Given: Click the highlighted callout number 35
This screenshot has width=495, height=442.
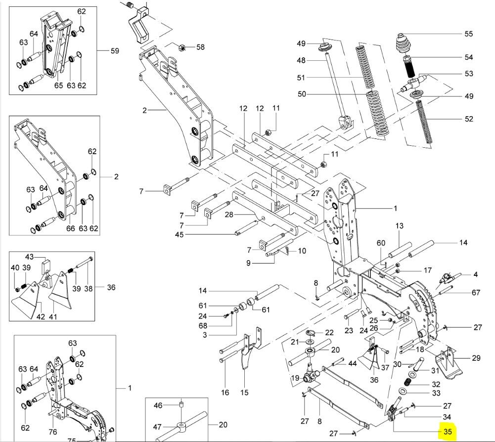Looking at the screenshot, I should pyautogui.click(x=448, y=432).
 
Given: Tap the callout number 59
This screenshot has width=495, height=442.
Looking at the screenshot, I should pyautogui.click(x=115, y=51).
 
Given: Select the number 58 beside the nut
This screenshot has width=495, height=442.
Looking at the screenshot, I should pyautogui.click(x=200, y=47).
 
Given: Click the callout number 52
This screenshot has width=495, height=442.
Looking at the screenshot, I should pyautogui.click(x=468, y=119).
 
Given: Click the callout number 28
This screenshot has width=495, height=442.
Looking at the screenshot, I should pyautogui.click(x=228, y=215).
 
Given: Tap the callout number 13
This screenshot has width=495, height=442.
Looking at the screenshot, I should pyautogui.click(x=400, y=225).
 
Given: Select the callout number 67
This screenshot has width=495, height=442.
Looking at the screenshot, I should pyautogui.click(x=476, y=293).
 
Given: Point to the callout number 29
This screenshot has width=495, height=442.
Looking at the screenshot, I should pyautogui.click(x=476, y=357).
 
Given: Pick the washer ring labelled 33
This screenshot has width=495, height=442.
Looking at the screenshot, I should pyautogui.click(x=404, y=392).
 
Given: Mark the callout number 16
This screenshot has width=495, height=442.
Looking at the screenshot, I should pyautogui.click(x=225, y=393).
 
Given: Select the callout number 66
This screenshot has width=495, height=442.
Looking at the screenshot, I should pyautogui.click(x=71, y=228).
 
